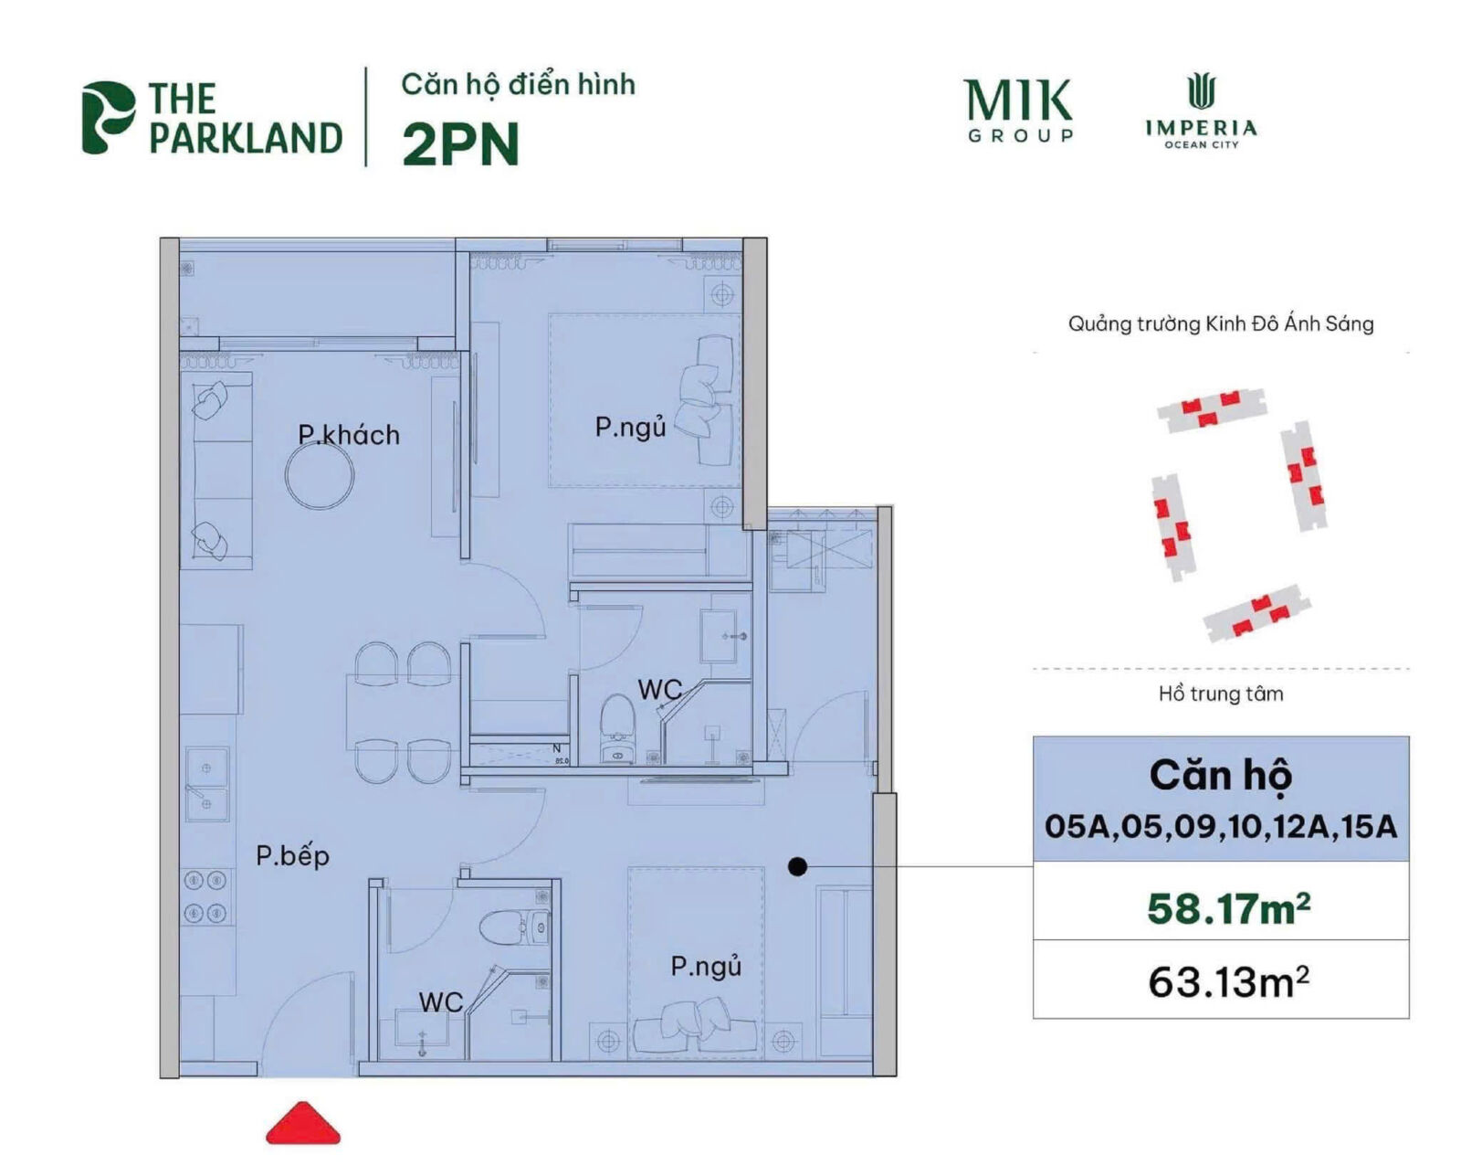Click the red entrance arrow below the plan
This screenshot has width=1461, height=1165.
coord(303,1125)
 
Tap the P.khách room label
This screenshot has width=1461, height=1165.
coord(349,434)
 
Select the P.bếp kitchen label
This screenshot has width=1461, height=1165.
coord(292,856)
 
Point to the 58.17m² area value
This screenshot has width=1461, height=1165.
coord(1228,908)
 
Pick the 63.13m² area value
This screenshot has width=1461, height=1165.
coord(1228,982)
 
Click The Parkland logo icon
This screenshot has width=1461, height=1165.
coord(107,117)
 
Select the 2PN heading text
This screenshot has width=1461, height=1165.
coord(460,144)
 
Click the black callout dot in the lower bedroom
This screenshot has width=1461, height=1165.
coord(797,866)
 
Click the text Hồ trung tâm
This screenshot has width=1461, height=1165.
coord(1221,694)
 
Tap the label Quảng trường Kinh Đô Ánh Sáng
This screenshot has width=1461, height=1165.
coord(1221,323)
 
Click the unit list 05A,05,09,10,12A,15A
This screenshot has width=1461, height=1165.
coord(1221,827)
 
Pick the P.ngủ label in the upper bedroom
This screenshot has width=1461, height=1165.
coord(630,427)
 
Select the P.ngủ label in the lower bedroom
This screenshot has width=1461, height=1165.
coord(706,966)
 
